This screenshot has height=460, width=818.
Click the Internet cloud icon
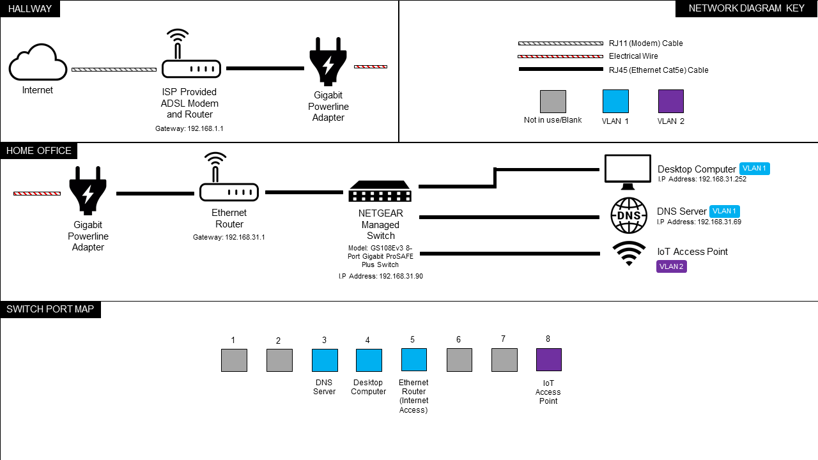tap(38, 62)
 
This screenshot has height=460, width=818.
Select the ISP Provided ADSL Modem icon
tap(191, 56)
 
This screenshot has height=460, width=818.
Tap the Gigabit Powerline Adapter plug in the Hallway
tap(328, 61)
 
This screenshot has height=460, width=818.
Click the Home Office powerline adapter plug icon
tap(88, 190)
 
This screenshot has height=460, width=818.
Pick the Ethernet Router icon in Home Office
tap(229, 179)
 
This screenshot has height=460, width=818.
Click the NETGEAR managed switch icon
tap(380, 191)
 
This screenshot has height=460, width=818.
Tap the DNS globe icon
tap(629, 215)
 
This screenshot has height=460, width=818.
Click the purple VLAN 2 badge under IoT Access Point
tap(671, 266)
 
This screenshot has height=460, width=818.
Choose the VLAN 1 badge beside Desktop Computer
tap(754, 169)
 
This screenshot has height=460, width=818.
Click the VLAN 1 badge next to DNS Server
tap(724, 211)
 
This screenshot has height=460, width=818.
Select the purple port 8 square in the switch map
tap(548, 360)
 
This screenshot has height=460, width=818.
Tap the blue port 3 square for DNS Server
tap(325, 360)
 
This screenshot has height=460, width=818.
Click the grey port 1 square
tap(234, 360)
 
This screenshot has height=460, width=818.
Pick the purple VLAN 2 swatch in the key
tap(670, 101)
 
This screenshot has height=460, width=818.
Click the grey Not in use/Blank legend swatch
tap(553, 101)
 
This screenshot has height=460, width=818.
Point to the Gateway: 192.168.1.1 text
tap(189, 128)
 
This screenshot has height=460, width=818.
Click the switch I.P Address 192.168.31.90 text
tap(380, 277)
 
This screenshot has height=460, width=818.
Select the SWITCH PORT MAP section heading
tap(50, 310)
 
